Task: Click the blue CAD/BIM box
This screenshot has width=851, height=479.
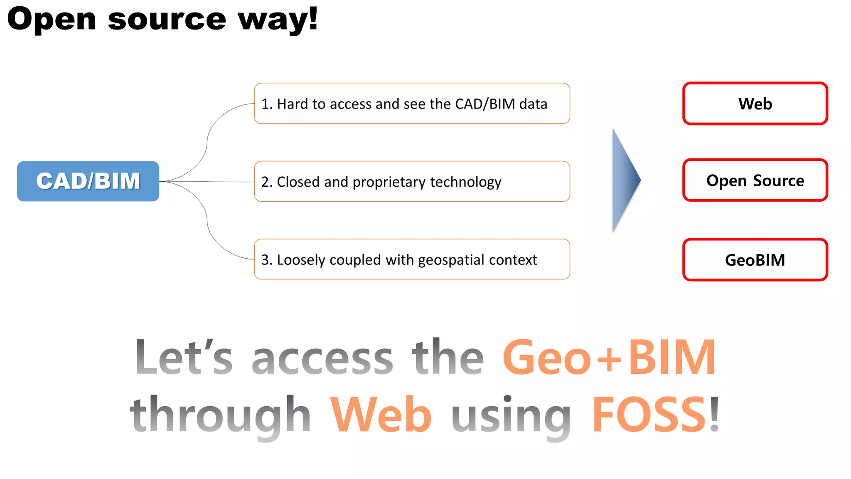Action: point(88,181)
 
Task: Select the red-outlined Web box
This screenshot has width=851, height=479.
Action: point(755,104)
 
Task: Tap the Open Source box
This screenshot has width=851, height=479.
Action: point(755,180)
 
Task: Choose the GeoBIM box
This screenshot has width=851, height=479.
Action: point(755,260)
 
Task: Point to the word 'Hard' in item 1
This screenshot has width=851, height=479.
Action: point(293,104)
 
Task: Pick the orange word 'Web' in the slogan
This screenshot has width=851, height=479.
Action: point(381,415)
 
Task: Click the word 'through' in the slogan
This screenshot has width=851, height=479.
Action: point(220,415)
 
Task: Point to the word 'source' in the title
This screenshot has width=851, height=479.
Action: point(167,20)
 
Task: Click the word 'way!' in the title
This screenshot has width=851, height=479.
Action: point(278,20)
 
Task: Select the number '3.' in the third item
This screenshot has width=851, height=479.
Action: point(267,260)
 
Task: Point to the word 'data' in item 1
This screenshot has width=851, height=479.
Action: point(533,104)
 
